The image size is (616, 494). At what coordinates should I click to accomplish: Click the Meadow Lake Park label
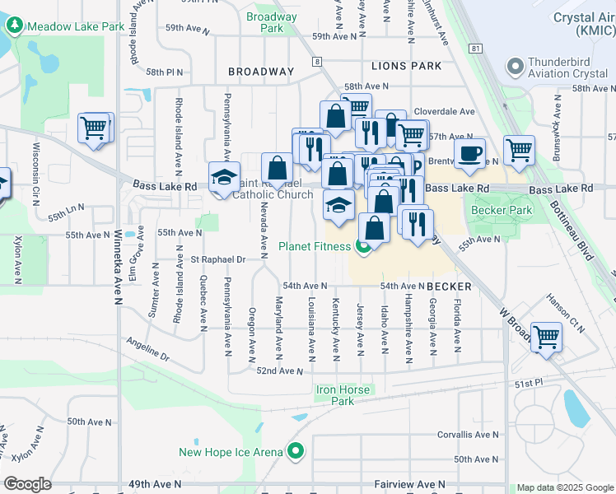click(75, 26)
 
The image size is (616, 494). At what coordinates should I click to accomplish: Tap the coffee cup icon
click(469, 154)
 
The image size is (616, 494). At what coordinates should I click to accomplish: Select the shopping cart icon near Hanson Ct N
click(546, 338)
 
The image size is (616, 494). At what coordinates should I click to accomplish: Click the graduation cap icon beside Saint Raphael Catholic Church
click(223, 179)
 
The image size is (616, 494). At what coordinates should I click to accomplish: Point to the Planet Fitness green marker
click(362, 246)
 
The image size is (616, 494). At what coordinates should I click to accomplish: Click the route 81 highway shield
click(475, 49)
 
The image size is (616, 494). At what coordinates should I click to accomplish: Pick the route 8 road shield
click(316, 61)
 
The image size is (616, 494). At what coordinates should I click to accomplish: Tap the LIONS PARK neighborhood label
click(406, 66)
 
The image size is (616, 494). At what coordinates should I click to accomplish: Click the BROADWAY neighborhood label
click(261, 72)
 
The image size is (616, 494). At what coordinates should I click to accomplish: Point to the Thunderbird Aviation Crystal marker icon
click(516, 66)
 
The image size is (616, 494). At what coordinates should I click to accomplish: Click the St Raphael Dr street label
click(218, 259)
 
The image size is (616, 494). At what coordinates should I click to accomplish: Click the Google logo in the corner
click(27, 484)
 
